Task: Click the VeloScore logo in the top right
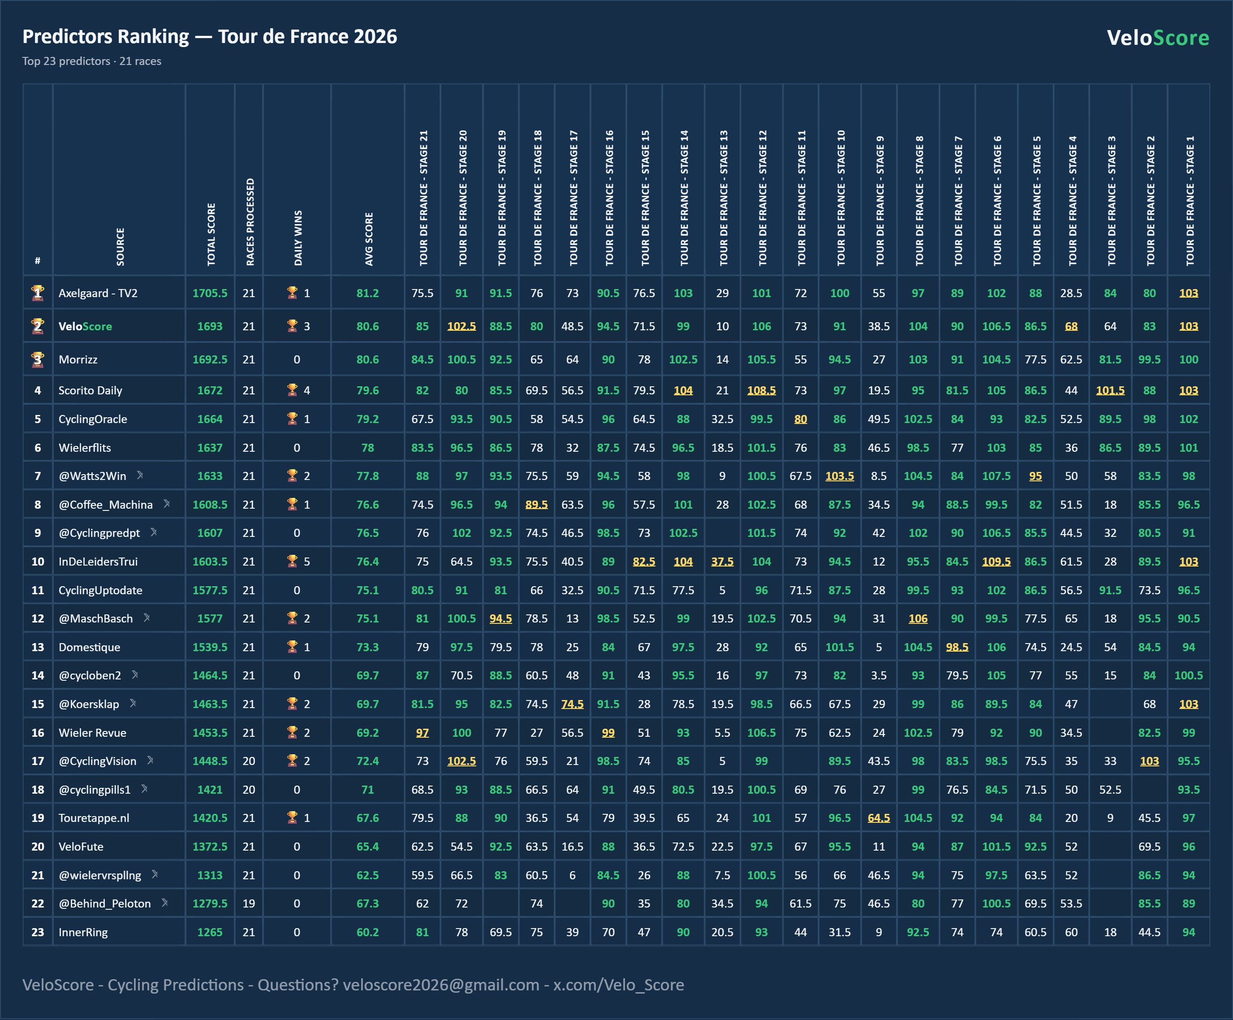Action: point(1158,38)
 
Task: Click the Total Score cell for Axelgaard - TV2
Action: point(210,293)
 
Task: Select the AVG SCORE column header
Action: point(369,239)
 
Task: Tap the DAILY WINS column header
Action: point(297,238)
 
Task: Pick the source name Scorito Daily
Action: point(91,390)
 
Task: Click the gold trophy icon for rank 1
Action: point(38,293)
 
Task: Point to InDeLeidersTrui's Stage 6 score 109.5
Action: point(996,562)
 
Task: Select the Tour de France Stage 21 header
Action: point(423,198)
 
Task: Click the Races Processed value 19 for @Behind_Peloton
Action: point(249,903)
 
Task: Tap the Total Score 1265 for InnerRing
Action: point(210,932)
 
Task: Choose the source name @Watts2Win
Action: point(92,475)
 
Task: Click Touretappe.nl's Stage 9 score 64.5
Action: point(879,818)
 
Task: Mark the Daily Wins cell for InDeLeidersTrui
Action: point(297,562)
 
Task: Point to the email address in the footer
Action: point(441,985)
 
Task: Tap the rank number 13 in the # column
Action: point(38,647)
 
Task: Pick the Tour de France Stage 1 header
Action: point(1190,201)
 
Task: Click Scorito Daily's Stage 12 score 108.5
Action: point(762,390)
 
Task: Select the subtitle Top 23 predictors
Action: point(66,61)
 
